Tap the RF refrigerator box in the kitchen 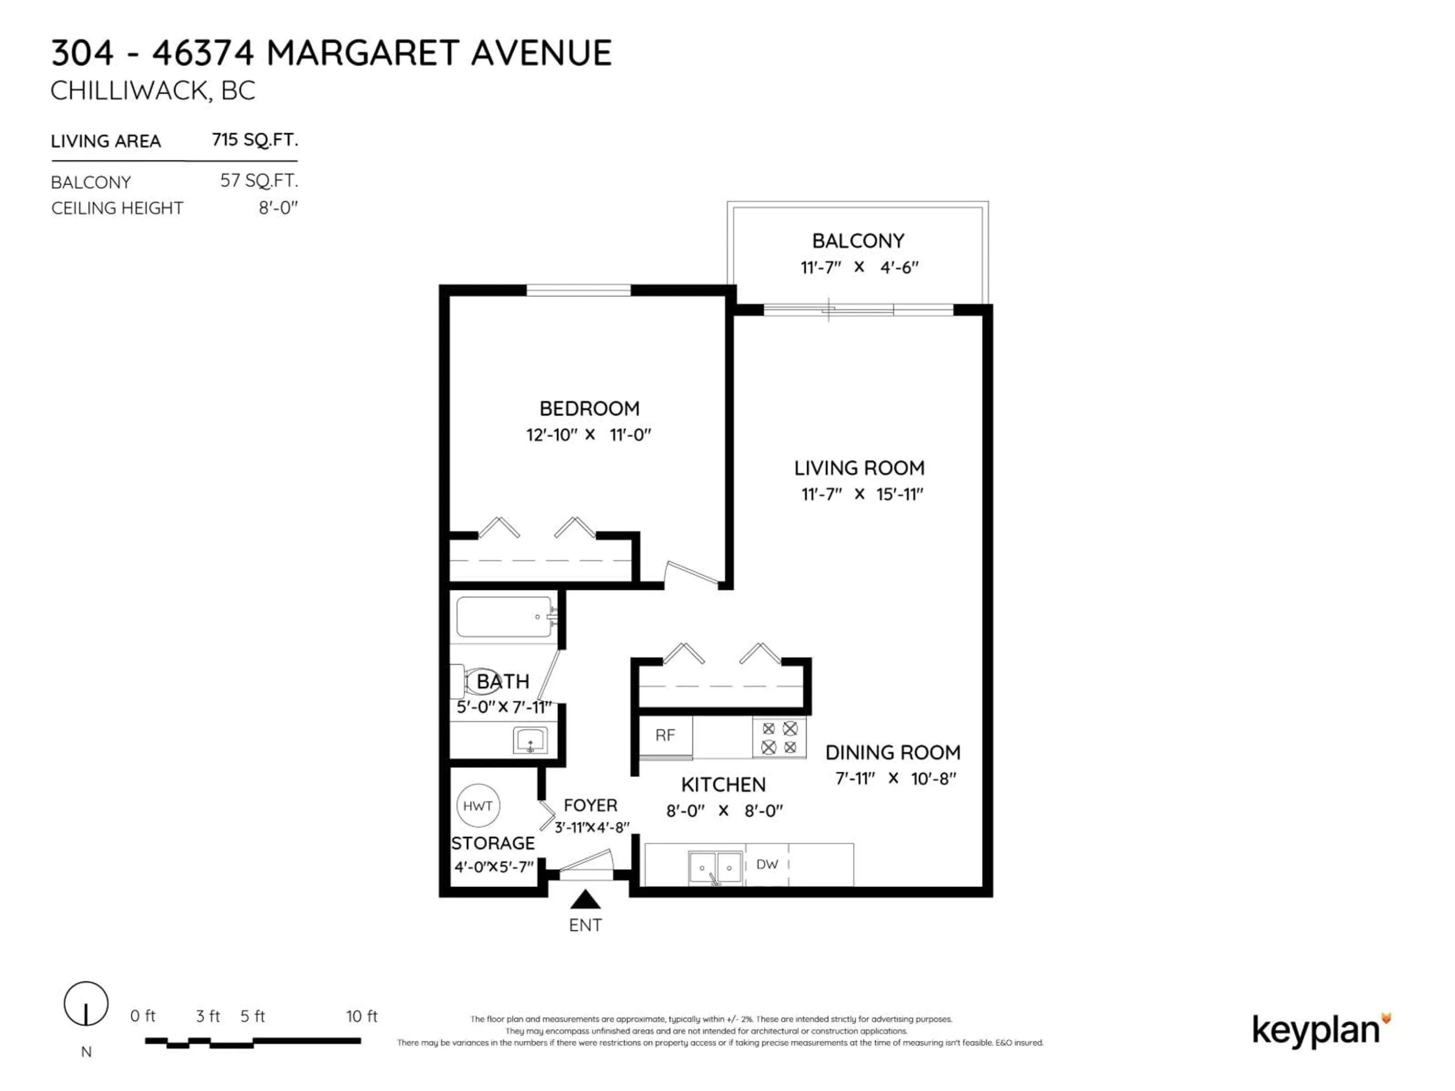[665, 735]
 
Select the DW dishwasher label [767, 864]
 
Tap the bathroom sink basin [530, 741]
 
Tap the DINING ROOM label [893, 752]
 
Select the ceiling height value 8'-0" [278, 208]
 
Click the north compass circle [86, 1003]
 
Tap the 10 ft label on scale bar [362, 1016]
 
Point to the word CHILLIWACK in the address [129, 91]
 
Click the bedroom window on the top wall [578, 290]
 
